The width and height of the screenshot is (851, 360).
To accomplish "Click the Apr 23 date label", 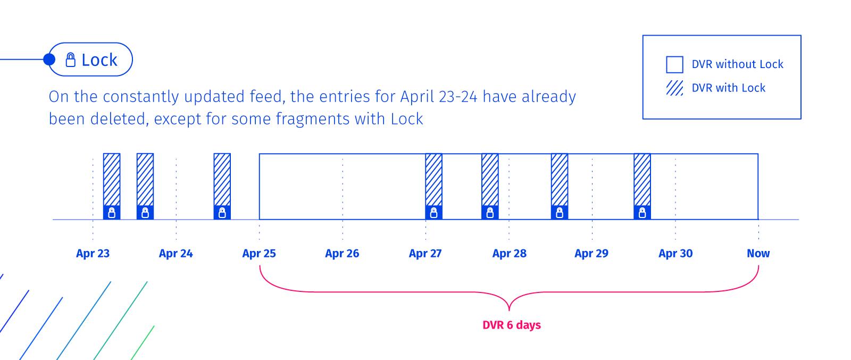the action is (93, 253).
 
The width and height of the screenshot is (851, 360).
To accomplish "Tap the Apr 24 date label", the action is (176, 253).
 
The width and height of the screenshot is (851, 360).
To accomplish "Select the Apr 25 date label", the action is (259, 253).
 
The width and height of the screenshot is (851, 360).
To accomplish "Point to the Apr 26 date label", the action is (342, 253).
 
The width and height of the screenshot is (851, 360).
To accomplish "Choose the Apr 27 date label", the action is (425, 253).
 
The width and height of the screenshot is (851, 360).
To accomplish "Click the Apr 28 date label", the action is (510, 253).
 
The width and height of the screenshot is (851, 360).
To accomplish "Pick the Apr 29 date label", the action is (591, 253).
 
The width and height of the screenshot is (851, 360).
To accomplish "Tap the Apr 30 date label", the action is (675, 253).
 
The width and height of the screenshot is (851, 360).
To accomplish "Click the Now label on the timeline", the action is (758, 253).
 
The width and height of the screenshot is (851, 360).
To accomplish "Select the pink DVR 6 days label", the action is (512, 325).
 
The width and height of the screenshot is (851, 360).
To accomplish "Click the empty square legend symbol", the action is (675, 64).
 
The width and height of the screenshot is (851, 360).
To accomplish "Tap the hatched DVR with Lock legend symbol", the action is (675, 88).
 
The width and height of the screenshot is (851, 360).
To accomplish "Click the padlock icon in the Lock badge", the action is (71, 60).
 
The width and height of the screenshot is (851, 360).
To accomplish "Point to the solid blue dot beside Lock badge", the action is (49, 60).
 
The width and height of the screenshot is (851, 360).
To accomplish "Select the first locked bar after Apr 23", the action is (112, 187).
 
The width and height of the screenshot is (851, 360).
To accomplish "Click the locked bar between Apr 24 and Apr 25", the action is (222, 187).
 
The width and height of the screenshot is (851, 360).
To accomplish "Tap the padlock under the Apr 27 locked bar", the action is (434, 213).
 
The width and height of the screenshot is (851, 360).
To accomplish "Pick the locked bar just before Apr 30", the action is (643, 187).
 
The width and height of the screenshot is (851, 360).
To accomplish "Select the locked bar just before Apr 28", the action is (490, 187).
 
